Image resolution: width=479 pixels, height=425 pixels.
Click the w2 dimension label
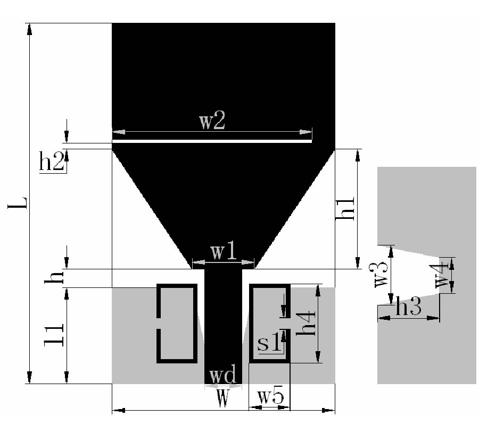click(212, 121)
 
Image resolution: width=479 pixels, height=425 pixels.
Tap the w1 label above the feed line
click(224, 252)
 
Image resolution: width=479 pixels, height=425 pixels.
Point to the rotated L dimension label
click(18, 203)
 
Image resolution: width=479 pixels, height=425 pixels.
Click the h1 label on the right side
click(344, 208)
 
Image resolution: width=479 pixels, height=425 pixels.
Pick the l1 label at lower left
click(54, 335)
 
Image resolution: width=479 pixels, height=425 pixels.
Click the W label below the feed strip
click(222, 398)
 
